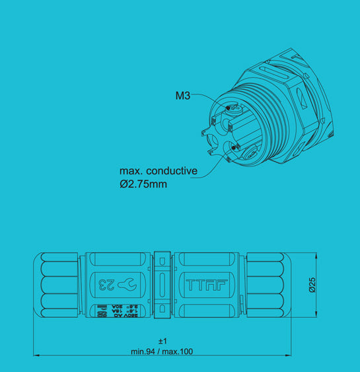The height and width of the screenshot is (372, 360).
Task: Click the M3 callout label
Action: click(x=182, y=96)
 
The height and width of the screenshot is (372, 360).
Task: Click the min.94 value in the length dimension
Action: click(x=145, y=351)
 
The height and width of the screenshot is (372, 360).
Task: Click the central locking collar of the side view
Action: click(x=162, y=285)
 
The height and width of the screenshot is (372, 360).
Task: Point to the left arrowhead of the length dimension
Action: click(x=36, y=355)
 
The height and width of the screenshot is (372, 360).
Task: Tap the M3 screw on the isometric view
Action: click(x=230, y=108)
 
